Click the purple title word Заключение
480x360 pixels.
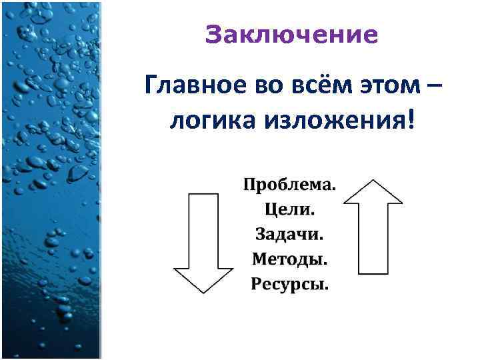click(291, 35)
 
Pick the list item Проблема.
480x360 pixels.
click(290, 184)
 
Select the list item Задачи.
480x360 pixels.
click(290, 234)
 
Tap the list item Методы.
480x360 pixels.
click(290, 259)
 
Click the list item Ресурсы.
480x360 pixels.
click(290, 284)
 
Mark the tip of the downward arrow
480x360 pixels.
click(203, 292)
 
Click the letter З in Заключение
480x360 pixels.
click(213, 35)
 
